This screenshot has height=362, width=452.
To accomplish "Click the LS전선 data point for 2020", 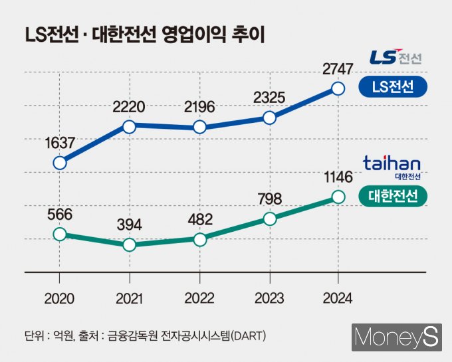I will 60,163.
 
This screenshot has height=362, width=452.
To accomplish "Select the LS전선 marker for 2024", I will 338,88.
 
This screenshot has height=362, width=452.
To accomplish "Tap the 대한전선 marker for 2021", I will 130,244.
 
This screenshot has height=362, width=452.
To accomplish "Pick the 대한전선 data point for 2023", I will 269,219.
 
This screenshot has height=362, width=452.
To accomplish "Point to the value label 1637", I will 60,142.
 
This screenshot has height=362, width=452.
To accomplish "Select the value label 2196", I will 199,106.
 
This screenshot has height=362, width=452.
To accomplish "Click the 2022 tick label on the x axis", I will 199,298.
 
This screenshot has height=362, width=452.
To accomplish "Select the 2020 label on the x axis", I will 60,298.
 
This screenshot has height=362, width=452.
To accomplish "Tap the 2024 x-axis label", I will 338,298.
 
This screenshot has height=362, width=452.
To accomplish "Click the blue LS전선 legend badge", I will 392,87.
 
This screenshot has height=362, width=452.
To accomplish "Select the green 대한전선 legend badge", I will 392,196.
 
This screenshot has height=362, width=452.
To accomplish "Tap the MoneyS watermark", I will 397,337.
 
